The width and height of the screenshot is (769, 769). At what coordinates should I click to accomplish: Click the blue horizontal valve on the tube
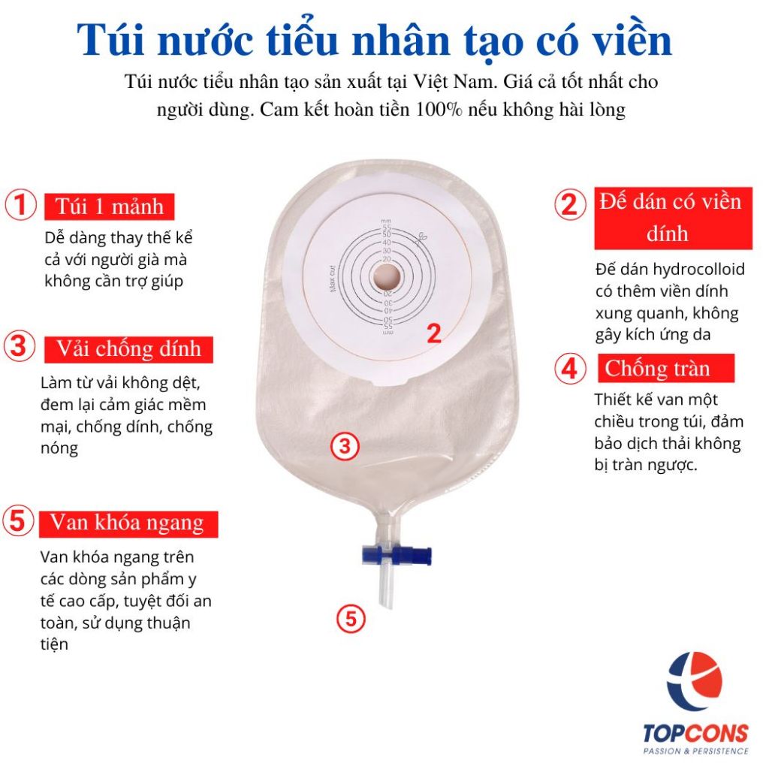click(x=397, y=555)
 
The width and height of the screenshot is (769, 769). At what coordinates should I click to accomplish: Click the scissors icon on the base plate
click(x=421, y=239)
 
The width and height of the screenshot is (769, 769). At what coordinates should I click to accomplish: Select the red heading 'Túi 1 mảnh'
click(x=109, y=207)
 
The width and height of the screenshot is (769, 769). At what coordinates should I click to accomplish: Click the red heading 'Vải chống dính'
click(x=128, y=349)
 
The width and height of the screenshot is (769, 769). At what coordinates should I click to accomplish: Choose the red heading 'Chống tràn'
click(x=666, y=368)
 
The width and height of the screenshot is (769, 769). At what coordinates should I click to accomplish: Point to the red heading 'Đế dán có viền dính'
click(x=673, y=219)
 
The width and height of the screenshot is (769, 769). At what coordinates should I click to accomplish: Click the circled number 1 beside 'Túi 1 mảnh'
click(x=20, y=205)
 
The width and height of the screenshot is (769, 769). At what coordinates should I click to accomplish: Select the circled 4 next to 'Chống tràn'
click(x=570, y=368)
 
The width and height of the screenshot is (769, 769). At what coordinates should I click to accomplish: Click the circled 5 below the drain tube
click(x=351, y=618)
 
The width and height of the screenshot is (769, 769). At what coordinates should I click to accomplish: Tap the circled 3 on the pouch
click(x=345, y=446)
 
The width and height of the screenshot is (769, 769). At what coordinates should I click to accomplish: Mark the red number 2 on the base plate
click(x=434, y=334)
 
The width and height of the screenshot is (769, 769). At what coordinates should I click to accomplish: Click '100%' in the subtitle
click(x=439, y=110)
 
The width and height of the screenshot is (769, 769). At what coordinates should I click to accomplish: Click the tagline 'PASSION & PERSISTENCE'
click(x=696, y=751)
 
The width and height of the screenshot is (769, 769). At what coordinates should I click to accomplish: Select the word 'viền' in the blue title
click(x=632, y=41)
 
